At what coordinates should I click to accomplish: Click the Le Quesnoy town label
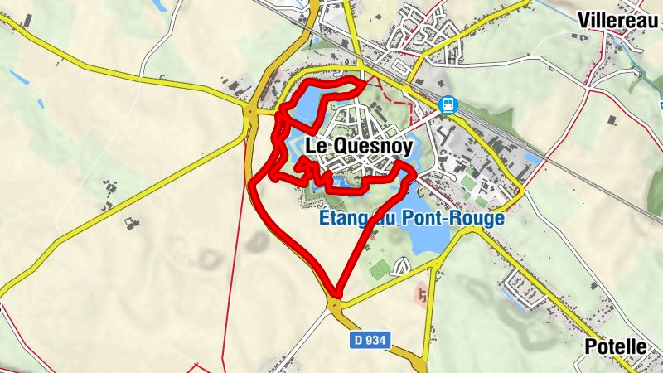tap(360, 145)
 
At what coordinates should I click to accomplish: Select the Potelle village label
tap(615, 346)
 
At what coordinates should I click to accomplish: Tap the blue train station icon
tap(448, 105)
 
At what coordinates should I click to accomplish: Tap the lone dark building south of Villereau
tap(612, 120)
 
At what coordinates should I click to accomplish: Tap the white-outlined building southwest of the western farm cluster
tap(129, 222)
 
